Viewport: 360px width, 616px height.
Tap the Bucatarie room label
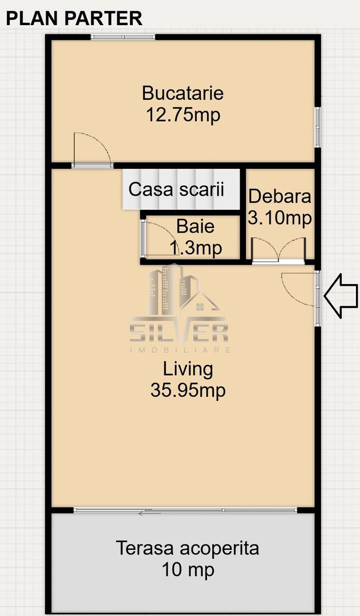183,92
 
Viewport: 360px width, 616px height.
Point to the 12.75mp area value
183,115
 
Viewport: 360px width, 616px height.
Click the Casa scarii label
176,189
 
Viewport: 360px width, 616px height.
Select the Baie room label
196,226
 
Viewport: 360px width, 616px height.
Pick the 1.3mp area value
196,248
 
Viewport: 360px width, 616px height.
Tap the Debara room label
280,196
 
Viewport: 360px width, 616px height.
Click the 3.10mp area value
280,217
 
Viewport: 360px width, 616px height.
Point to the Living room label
188,368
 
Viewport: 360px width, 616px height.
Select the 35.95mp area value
188,391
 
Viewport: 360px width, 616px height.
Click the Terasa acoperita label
188,548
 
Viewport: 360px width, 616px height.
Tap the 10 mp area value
188,569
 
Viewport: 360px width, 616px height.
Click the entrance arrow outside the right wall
341,295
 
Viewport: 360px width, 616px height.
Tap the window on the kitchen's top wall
123,37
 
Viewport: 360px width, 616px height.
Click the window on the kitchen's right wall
318,127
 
